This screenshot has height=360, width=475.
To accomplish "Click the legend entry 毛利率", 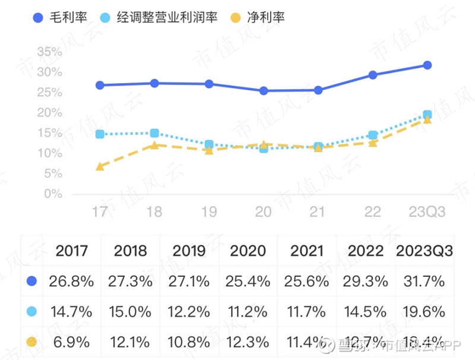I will tap(59, 17).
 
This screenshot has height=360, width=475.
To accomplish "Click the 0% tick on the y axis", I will tap(54, 194).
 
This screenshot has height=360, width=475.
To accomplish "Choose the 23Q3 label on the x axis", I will tap(427, 212).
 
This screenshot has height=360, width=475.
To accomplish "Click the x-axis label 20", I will tap(263, 212).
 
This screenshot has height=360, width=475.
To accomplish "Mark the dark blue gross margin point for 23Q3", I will tap(427, 65).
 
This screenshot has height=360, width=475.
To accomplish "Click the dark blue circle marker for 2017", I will tap(100, 85).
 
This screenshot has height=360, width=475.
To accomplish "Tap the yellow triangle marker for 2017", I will tap(100, 166).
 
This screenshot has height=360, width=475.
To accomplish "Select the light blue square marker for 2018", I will tap(154, 133).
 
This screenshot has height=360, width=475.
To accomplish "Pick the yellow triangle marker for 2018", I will tap(154, 144).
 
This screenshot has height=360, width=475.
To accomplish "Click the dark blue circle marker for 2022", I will tap(372, 75).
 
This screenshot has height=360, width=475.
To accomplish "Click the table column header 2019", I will tap(189, 250).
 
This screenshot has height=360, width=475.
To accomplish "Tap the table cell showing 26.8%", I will tap(72, 281).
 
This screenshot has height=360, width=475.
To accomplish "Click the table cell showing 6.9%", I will tap(72, 342).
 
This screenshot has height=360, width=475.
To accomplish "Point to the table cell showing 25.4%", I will tap(248, 281).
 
